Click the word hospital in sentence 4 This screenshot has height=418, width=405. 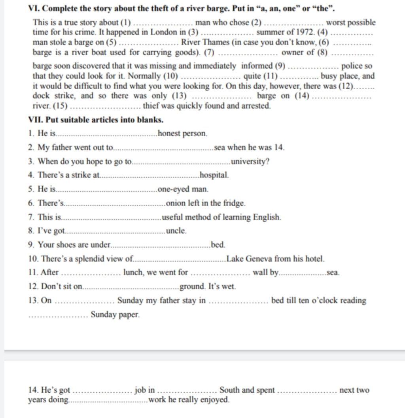pos(214,175)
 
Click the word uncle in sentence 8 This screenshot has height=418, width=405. pos(176,231)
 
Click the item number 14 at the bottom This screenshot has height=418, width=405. pos(33,390)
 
